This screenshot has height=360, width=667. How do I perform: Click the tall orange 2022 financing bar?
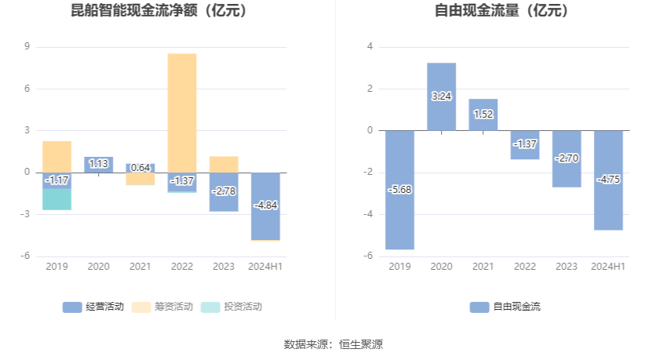[x=182, y=110]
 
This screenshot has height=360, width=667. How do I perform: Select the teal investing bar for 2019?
[x=57, y=199]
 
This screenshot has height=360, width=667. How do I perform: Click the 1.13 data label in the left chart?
[x=99, y=164]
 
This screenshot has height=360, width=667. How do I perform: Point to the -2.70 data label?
[x=567, y=158]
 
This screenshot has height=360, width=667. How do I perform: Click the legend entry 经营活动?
[x=93, y=307]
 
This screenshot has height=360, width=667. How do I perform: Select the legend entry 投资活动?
[x=232, y=307]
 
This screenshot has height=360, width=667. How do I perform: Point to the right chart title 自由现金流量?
[x=502, y=12]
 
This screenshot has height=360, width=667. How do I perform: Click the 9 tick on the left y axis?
[x=27, y=47]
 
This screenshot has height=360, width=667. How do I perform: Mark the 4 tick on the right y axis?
[x=370, y=47]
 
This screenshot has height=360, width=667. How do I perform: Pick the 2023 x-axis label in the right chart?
[x=567, y=267]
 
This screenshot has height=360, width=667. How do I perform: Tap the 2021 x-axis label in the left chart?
[x=140, y=267]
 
